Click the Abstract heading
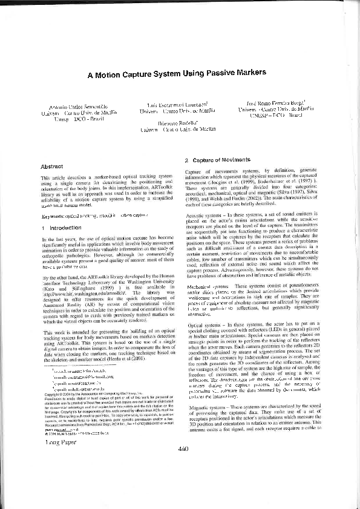[x=52, y=166]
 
